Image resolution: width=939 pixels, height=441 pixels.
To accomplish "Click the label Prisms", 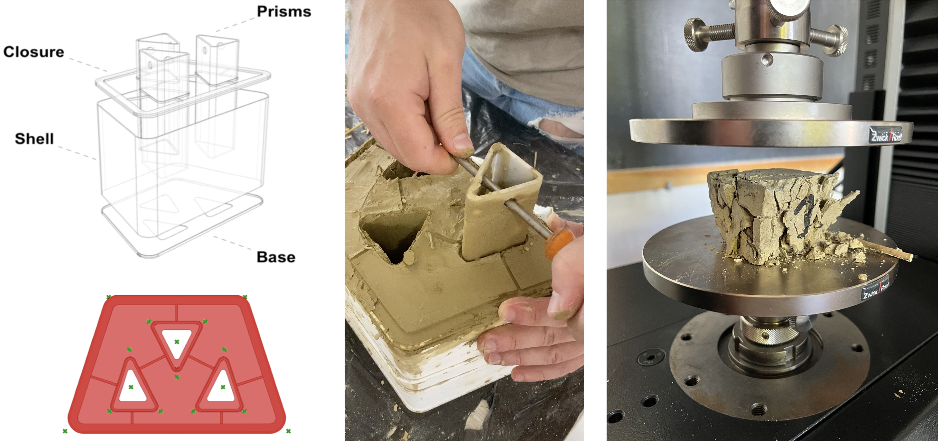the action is [284, 12].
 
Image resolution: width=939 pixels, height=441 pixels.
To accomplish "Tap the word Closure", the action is [33, 52].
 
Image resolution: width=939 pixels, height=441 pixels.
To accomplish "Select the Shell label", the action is [34, 139].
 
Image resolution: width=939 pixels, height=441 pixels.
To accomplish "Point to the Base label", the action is [276, 257].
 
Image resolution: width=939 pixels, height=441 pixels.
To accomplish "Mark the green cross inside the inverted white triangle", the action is [177, 342].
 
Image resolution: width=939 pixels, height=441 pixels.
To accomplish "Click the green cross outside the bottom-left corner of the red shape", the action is [65, 431].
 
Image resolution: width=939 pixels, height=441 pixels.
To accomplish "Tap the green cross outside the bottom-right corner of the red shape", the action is [288, 431].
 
